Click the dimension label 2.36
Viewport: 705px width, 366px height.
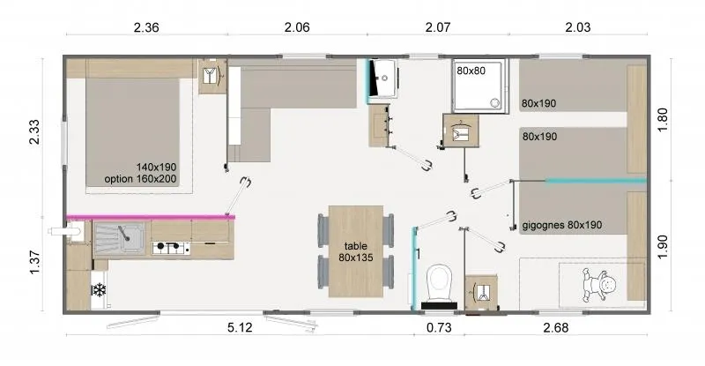pyautogui.click(x=145, y=28)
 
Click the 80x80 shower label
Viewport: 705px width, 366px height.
pyautogui.click(x=471, y=71)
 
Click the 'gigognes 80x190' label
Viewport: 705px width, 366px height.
pyautogui.click(x=561, y=225)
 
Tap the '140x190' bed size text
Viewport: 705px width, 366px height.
pyautogui.click(x=157, y=166)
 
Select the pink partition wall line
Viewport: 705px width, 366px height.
pyautogui.click(x=150, y=216)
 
